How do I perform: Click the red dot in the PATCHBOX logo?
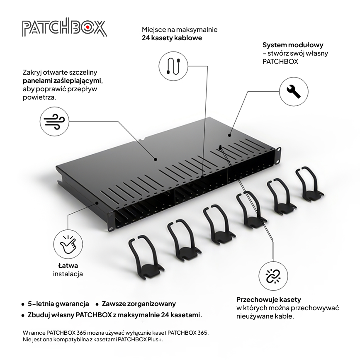pos(88,27)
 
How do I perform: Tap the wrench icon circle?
pos(294,92)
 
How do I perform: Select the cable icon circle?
pos(173,66)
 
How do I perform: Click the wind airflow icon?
pos(54,121)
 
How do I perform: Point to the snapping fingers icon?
pos(68,244)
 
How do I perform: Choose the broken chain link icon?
pos(273,276)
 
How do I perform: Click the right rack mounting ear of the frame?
pos(278,156)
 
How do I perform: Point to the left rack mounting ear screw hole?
pos(111,229)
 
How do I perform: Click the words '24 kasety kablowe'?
pos(172,38)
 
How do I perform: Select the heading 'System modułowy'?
pos(293,45)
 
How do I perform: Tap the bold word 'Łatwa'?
pos(68,265)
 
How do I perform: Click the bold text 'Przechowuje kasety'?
pos(269,299)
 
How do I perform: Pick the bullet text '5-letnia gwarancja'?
pos(58,304)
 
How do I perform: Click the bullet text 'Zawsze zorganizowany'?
pos(139,304)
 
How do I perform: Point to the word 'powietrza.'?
pos(39,97)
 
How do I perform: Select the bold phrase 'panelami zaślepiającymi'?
pos(62,81)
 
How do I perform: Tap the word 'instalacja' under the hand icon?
pos(68,274)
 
